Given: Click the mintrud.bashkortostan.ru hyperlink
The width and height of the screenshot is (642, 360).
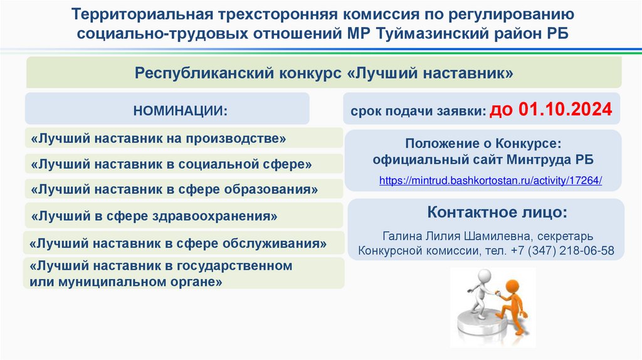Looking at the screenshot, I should [x=490, y=181].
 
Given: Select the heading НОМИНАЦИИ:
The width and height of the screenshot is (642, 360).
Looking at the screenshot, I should [x=178, y=111].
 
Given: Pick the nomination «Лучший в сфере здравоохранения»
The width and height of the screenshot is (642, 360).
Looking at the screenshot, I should [x=154, y=216].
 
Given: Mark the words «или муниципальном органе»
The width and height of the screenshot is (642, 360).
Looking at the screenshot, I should [x=126, y=282].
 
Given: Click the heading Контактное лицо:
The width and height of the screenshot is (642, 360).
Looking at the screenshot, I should [x=497, y=212].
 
